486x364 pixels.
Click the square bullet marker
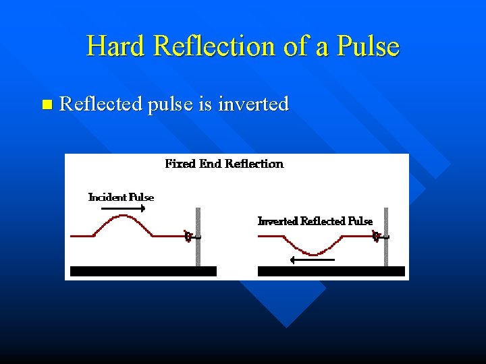tap(46, 104)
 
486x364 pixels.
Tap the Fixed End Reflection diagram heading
tap(224, 164)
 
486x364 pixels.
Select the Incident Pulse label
tap(122, 198)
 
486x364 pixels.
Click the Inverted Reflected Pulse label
tap(315, 221)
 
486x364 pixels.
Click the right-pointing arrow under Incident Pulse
tap(123, 210)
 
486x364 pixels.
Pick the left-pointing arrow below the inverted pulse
tap(310, 260)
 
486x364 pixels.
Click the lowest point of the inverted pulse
tap(314, 253)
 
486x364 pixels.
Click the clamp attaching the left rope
tap(191, 236)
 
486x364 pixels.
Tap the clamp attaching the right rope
tap(379, 236)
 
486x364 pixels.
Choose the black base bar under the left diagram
tap(143, 271)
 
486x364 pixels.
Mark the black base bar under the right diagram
tap(331, 271)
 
